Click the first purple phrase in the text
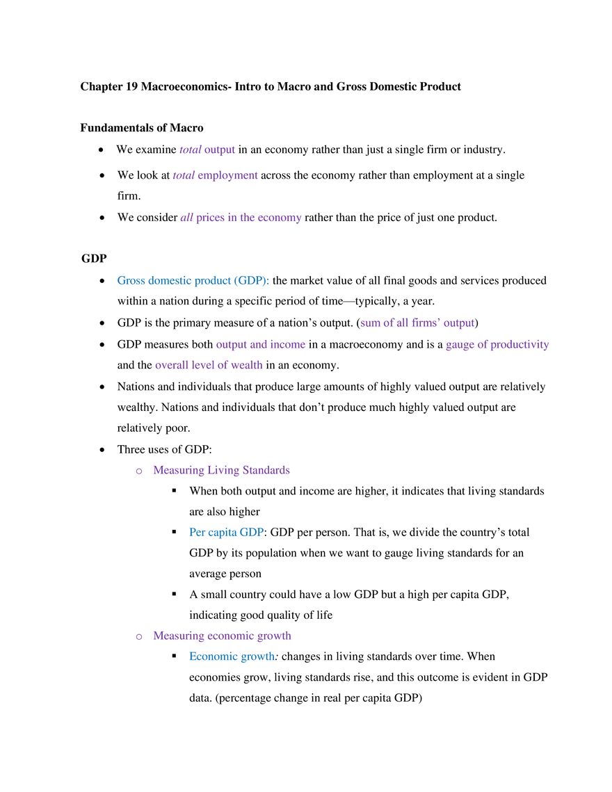coord(208,149)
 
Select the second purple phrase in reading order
coord(216,176)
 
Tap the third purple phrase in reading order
coord(240,218)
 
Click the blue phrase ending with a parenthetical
coord(193,281)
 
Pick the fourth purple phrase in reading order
coord(417,323)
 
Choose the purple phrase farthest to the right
coord(497,345)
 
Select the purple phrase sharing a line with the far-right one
coord(261,345)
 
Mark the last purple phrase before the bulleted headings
coord(209,366)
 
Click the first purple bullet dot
coord(138,471)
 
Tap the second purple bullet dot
coord(138,636)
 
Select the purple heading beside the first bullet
coord(222,471)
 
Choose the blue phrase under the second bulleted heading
coord(232,656)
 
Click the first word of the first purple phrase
coord(190,149)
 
